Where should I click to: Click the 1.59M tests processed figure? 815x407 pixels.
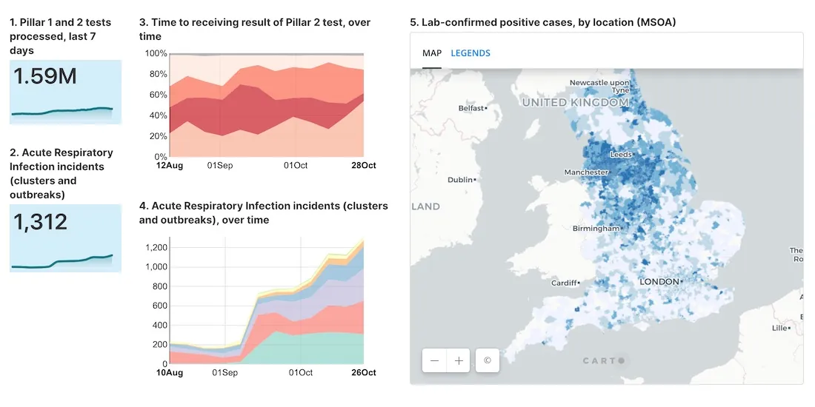pos(45,76)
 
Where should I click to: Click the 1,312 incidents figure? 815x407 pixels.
pos(41,221)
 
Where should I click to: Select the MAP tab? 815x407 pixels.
pos(432,53)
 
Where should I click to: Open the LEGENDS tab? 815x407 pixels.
pos(470,53)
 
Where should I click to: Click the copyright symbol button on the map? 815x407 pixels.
pos(487,360)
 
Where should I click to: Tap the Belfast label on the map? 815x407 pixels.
pos(470,108)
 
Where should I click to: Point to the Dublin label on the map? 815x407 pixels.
pos(460,180)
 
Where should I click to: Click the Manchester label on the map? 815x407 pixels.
pos(585,172)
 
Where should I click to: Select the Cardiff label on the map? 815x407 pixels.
pos(565,283)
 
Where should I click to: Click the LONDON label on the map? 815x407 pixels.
pos(659,282)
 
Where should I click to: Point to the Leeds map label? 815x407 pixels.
pos(620,155)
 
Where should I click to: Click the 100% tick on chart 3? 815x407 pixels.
pos(156,53)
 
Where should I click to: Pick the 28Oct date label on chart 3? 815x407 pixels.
pos(363,165)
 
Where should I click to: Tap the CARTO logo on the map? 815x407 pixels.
pos(602,360)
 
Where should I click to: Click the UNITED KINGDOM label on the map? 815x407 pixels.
pos(575,102)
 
